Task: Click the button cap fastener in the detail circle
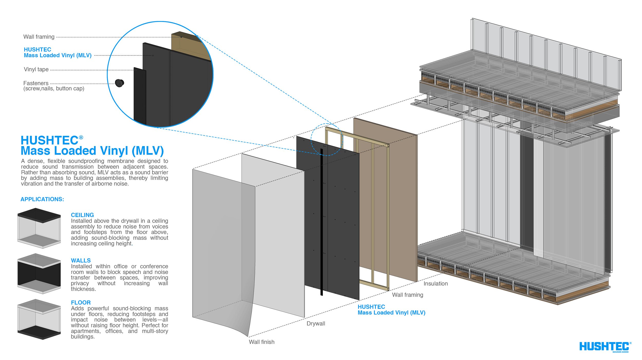[119, 83]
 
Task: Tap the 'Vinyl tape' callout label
[36, 69]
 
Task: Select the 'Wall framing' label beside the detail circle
[39, 37]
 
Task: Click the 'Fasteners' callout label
[36, 83]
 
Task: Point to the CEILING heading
[82, 215]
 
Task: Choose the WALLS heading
[81, 260]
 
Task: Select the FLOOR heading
[81, 302]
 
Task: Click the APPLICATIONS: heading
[42, 199]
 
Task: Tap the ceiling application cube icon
[39, 228]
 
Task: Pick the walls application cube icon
[39, 273]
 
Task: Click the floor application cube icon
[39, 319]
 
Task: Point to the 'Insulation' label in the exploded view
[436, 283]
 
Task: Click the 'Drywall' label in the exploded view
[316, 324]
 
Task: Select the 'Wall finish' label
[261, 342]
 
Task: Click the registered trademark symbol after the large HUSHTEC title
[81, 137]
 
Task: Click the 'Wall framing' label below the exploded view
[408, 295]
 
